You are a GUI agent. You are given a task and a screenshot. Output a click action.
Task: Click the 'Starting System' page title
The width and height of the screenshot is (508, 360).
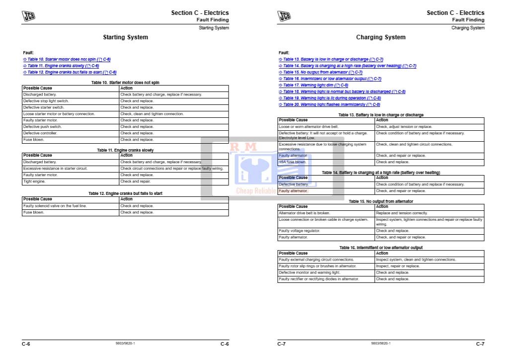[x=125, y=37]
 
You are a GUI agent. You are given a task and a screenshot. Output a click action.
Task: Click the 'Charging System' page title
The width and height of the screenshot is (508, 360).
[x=381, y=37]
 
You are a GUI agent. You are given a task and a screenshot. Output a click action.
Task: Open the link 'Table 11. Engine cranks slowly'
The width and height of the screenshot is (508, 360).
[x=60, y=66]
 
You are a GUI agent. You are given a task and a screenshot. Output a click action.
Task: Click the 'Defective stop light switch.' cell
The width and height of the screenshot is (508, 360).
[x=46, y=101]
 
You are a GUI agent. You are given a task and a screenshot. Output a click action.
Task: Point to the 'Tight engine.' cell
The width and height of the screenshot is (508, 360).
[x=35, y=181]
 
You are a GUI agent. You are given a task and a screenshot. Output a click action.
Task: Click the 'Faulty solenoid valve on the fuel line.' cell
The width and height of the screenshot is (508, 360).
[x=55, y=206]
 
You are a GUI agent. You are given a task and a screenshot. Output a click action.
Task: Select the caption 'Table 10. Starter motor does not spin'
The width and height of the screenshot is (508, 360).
[x=125, y=82]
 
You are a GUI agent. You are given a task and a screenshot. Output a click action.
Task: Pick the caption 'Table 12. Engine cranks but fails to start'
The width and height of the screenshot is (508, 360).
[x=125, y=193]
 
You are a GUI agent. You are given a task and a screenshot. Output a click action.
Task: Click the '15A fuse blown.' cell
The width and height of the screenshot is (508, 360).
[x=292, y=162]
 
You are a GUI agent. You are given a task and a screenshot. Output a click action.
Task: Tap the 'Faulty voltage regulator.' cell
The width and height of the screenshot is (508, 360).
[x=299, y=231]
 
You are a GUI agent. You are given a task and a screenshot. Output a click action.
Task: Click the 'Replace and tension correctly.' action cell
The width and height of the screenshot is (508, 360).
[x=402, y=213]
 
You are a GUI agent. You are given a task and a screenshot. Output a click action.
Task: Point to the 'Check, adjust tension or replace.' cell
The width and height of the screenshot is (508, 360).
[x=404, y=127]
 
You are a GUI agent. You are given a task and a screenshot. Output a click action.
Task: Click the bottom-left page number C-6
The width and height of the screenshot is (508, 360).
[x=26, y=344]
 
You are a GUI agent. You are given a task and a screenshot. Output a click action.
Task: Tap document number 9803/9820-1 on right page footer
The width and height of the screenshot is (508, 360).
[x=381, y=344]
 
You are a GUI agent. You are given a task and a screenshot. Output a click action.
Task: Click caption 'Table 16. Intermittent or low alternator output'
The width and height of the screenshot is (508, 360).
[x=381, y=248]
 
